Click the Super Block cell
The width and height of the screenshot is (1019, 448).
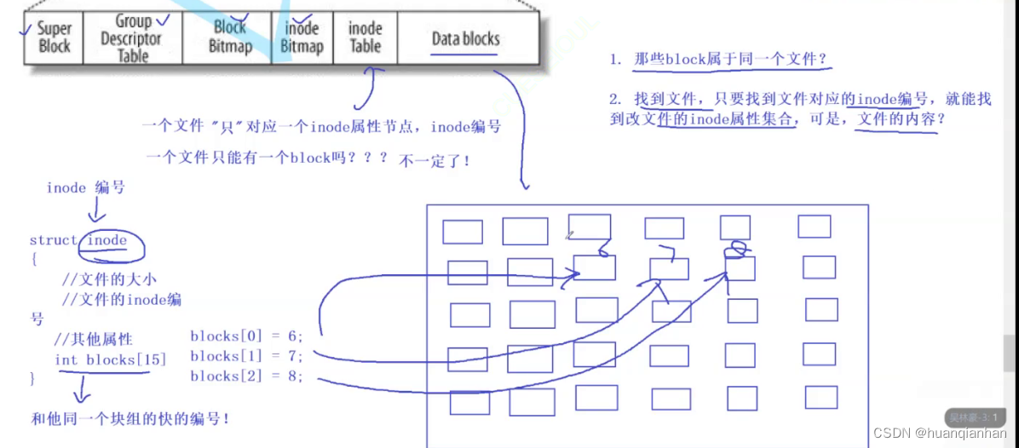[54, 37]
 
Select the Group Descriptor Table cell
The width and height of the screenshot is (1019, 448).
[130, 38]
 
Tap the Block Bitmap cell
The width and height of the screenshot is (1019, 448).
[230, 37]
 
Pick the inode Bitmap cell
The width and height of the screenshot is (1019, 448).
[302, 37]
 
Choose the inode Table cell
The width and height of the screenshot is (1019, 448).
[365, 37]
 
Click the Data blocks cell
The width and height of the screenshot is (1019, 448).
[466, 38]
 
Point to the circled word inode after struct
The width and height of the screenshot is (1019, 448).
[107, 240]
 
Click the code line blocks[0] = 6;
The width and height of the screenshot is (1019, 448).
[245, 336]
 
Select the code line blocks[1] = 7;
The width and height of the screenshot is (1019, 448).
[245, 356]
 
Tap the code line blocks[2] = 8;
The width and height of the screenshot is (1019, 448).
[245, 376]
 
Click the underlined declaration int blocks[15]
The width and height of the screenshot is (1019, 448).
[110, 359]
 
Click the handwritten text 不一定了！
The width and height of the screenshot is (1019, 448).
[435, 160]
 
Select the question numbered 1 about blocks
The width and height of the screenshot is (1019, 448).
[718, 60]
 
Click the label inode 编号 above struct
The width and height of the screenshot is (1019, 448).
[85, 187]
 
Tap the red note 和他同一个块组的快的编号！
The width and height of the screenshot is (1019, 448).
[130, 418]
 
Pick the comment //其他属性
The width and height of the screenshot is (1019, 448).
[93, 340]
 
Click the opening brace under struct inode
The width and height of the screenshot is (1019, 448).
[34, 259]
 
